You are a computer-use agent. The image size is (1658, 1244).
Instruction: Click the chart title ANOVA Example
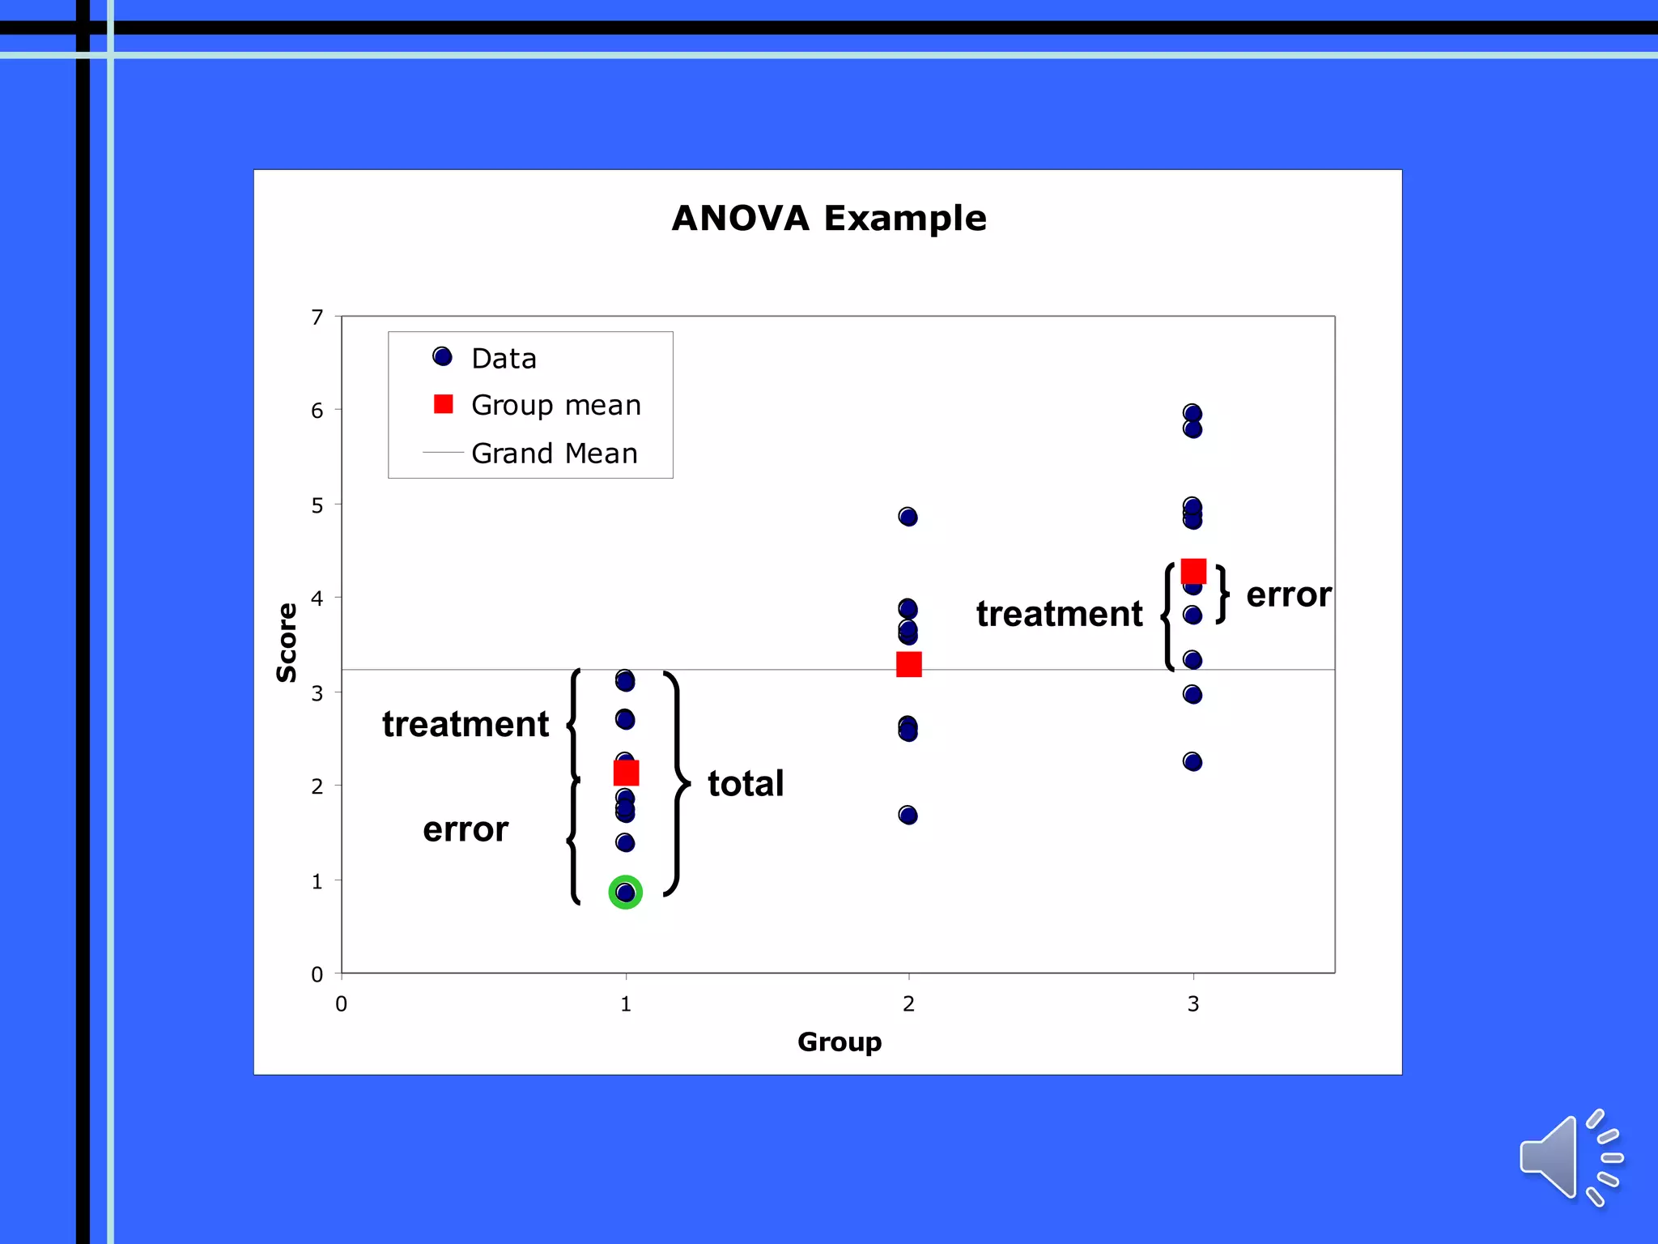pos(829,219)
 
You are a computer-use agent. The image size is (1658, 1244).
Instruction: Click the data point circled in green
pos(625,892)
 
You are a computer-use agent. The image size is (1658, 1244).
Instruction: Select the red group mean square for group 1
pos(626,773)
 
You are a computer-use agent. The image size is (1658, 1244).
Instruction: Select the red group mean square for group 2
pos(908,664)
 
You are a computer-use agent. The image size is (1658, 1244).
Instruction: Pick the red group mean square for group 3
pos(1193,572)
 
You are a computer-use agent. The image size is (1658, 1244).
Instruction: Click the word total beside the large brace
pos(746,784)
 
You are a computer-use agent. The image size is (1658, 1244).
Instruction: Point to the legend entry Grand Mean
pos(554,454)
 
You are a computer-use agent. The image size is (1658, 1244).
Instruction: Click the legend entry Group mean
pos(555,405)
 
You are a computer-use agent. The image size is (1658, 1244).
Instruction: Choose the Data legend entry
pos(503,359)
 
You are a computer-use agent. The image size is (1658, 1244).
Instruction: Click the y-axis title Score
pos(287,643)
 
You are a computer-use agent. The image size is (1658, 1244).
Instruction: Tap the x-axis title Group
pos(839,1042)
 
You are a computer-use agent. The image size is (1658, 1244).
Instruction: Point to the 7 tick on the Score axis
pos(317,317)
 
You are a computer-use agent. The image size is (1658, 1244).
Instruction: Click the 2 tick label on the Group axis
pos(908,1004)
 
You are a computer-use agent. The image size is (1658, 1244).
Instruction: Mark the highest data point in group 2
pos(908,517)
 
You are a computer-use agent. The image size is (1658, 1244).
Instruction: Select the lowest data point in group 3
pos(1192,761)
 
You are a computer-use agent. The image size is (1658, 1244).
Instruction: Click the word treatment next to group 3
pos(1059,614)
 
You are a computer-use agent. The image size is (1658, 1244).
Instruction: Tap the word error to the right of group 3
pos(1287,595)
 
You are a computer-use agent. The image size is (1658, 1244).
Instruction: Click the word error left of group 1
pos(466,829)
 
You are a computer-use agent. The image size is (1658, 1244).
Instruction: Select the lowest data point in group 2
pos(908,815)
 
